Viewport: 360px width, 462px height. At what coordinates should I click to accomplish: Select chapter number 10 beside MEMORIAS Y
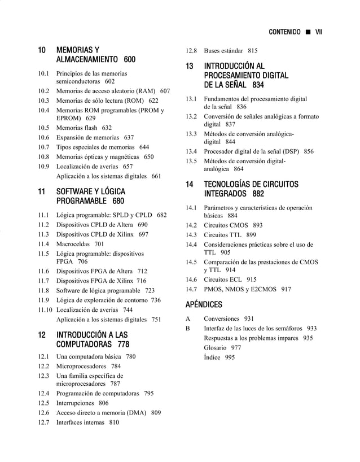42,50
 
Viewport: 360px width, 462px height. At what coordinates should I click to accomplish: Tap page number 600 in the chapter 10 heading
129,60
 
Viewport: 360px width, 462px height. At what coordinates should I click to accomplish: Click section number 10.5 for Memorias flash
43,128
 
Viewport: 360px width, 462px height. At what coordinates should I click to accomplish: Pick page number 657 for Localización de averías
128,167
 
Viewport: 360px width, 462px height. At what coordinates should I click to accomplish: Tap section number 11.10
45,310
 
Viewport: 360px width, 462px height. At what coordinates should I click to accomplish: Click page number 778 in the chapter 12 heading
123,345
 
